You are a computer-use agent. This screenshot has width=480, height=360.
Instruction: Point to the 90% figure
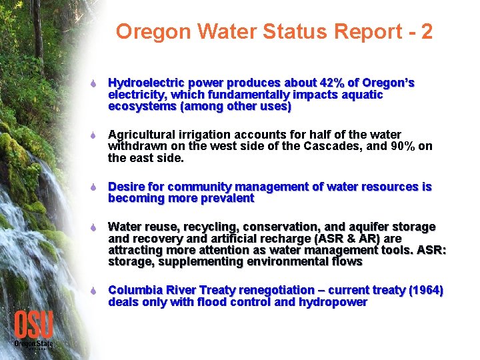403,147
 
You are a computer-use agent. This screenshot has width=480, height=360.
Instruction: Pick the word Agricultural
139,135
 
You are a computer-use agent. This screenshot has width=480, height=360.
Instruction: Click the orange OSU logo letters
33,325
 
